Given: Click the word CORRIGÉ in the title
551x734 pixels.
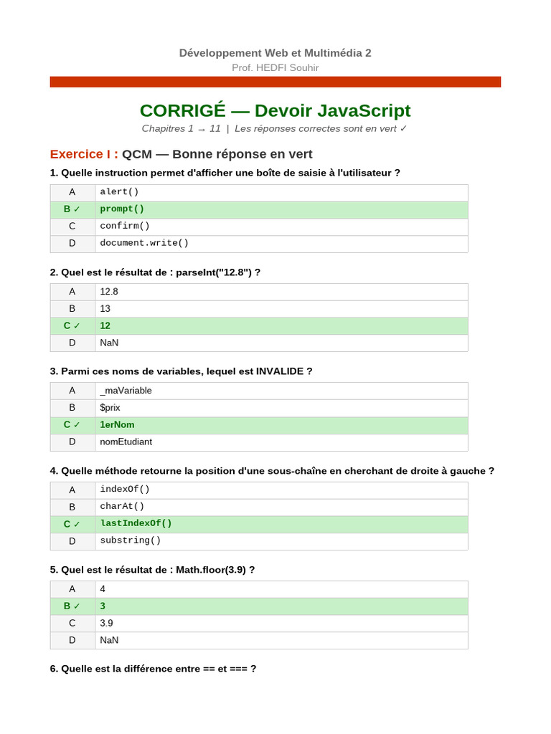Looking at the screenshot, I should (182, 110).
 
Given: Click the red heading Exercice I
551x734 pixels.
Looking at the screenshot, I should (83, 154).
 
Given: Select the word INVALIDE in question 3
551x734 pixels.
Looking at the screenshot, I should (281, 371).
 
